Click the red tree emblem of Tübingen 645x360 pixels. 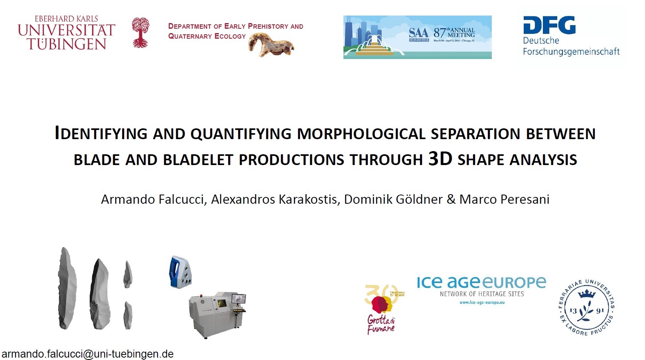140,32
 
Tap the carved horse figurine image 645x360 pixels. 271,45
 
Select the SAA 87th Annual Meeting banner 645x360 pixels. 417,37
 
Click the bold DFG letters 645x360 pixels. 549,25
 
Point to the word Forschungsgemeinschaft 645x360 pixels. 571,51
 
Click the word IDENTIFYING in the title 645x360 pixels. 101,134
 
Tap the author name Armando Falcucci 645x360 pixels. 153,199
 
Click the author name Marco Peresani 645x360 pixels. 504,199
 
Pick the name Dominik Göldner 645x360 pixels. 393,199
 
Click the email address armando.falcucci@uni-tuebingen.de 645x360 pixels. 87,354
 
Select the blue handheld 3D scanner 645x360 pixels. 180,272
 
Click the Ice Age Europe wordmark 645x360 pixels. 481,283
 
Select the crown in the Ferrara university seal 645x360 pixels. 586,294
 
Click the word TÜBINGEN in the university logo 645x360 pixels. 67,44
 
